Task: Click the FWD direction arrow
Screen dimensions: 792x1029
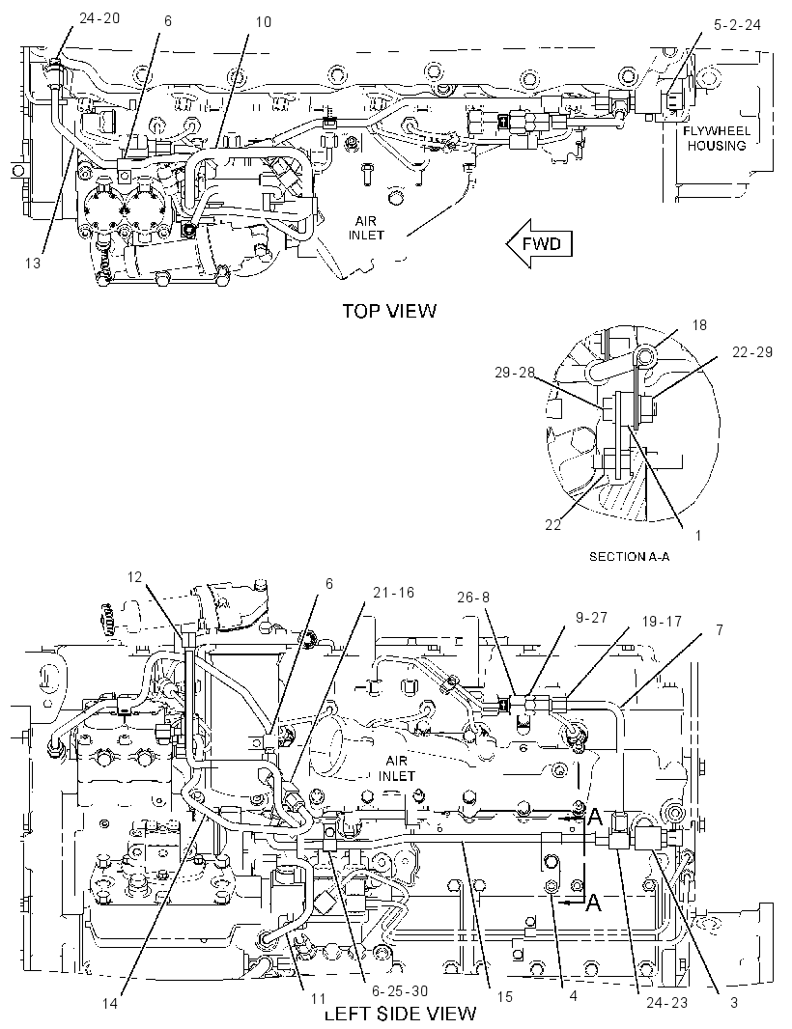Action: coord(540,244)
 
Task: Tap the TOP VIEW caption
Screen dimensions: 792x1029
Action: coord(389,311)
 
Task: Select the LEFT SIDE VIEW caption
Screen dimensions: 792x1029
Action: coord(401,1013)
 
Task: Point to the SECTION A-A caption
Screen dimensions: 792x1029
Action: coord(629,557)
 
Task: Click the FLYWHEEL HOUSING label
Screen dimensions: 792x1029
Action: coord(717,138)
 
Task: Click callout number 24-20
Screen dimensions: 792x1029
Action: coord(99,18)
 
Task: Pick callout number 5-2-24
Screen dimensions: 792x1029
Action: coord(738,25)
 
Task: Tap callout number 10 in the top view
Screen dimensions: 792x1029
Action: coord(263,21)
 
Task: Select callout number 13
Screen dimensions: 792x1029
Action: coord(33,264)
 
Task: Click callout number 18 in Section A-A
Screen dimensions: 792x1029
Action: coord(700,325)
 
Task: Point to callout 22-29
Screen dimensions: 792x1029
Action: coord(752,351)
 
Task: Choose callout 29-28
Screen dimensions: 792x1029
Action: coord(515,373)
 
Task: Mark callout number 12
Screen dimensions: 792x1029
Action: coord(134,577)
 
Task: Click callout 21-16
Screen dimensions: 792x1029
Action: coord(394,593)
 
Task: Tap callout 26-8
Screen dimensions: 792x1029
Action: coord(473,598)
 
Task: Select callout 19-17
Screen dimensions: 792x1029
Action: coord(662,621)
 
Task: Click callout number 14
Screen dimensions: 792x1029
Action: coord(110,1003)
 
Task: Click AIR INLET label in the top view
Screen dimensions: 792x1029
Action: coord(366,229)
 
